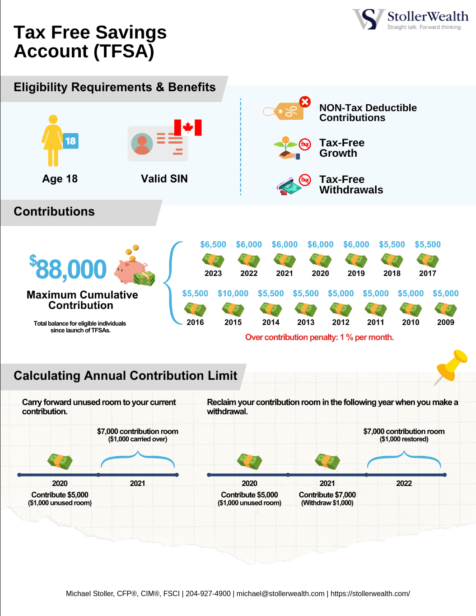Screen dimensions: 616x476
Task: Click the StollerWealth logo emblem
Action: coord(369,19)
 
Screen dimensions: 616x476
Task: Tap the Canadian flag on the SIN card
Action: coord(188,128)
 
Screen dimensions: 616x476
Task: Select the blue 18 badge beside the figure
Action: coord(70,141)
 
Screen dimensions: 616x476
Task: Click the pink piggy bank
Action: coord(130,271)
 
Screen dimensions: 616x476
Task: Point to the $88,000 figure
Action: coord(68,269)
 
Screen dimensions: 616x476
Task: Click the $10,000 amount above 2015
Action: coord(233,294)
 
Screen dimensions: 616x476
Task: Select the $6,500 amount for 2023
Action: coord(213,244)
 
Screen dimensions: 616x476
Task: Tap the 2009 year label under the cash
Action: coord(446,322)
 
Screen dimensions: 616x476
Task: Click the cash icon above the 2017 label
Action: coord(428,261)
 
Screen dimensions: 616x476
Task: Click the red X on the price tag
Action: coord(305,102)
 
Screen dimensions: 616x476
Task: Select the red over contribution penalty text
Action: coord(319,337)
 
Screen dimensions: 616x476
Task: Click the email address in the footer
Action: coord(280,593)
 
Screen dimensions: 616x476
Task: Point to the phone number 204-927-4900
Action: coord(208,593)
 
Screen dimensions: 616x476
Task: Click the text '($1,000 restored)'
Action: coord(404,439)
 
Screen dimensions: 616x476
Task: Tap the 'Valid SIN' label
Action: coord(164,179)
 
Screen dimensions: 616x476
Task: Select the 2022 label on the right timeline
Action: coord(404,483)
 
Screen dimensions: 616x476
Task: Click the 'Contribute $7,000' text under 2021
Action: coord(327,495)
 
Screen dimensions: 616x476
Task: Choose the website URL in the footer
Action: coord(370,593)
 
